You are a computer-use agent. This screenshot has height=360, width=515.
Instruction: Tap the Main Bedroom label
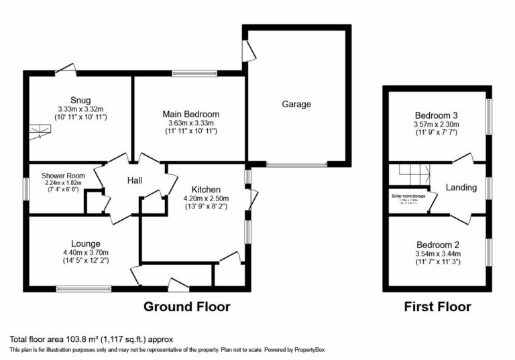(191, 114)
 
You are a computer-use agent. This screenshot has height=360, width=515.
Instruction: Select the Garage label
(296, 104)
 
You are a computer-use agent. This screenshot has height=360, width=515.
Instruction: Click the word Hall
(137, 179)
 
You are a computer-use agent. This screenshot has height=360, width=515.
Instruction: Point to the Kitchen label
(206, 189)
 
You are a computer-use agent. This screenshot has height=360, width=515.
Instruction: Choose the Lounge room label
(86, 243)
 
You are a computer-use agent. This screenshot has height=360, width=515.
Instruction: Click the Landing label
(461, 188)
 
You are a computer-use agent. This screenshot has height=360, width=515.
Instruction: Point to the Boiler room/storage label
(409, 196)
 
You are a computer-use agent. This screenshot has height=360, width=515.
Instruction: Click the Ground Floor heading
(186, 307)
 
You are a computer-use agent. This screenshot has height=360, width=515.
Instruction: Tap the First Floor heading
(437, 307)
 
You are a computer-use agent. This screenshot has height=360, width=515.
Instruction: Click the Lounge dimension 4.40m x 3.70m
(86, 252)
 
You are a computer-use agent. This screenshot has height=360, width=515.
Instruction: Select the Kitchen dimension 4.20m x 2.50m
(206, 198)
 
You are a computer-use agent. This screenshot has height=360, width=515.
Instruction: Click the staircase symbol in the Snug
(40, 135)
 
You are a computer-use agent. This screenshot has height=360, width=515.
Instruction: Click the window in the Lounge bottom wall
(84, 289)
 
